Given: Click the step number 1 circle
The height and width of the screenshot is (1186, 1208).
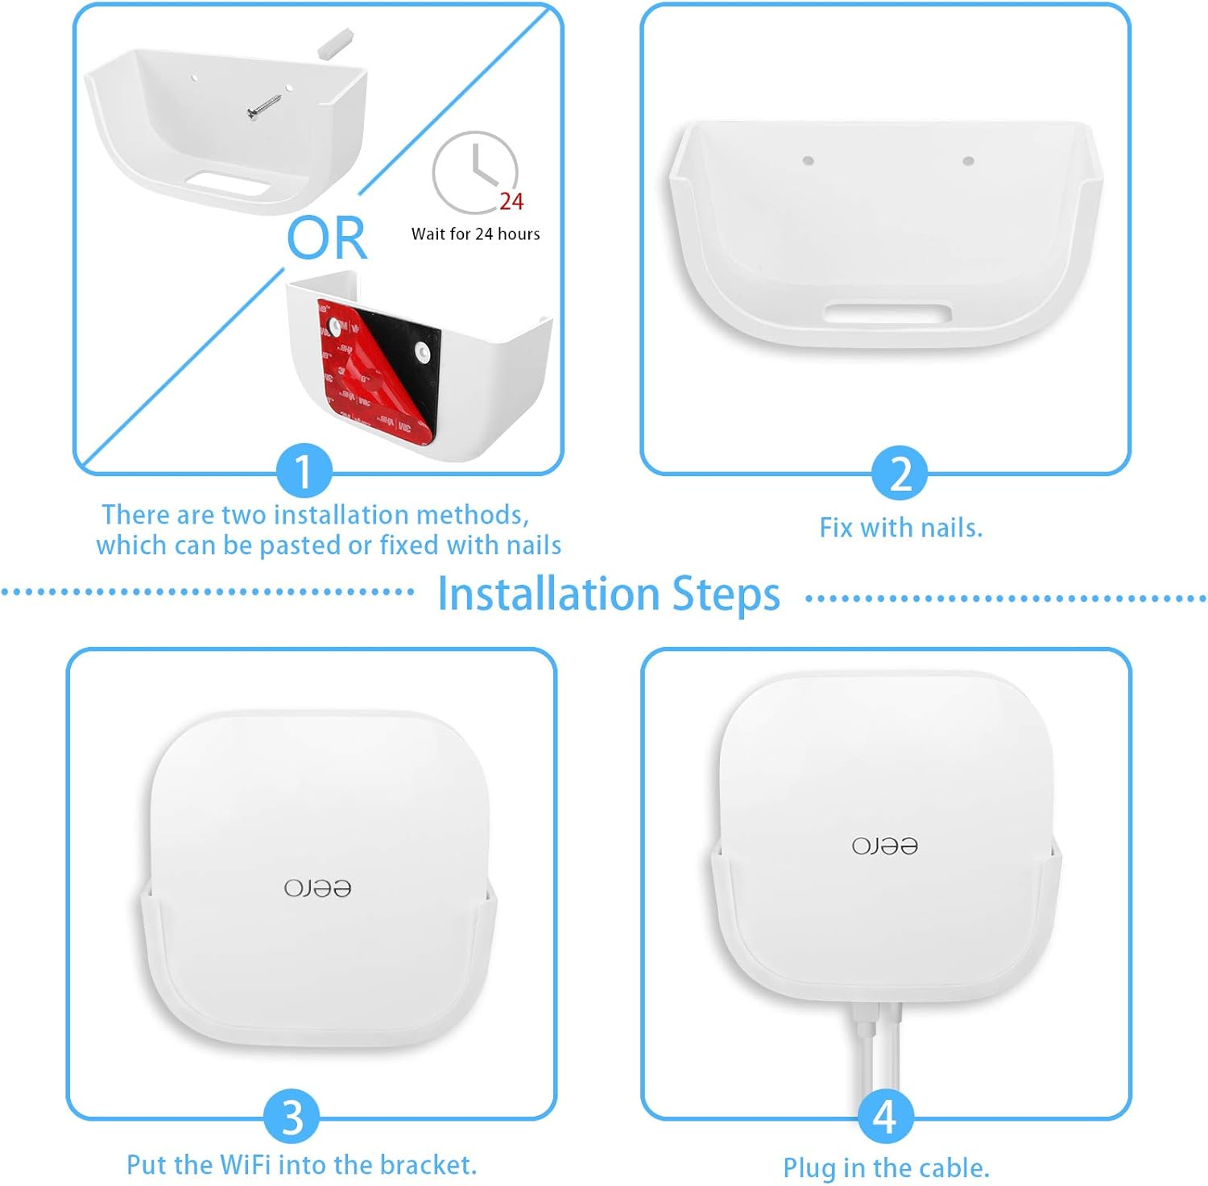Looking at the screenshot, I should (x=304, y=471).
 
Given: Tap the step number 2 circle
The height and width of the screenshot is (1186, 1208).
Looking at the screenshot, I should (x=900, y=473).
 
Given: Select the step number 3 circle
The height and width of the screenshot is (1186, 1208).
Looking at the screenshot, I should (x=292, y=1117).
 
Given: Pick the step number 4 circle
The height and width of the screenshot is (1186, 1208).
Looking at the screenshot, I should (x=884, y=1117).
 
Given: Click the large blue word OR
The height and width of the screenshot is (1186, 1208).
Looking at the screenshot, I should (x=327, y=238).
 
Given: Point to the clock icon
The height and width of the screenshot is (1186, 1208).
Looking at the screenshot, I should (x=474, y=172).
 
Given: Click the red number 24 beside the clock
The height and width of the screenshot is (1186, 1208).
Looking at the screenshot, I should (x=511, y=201).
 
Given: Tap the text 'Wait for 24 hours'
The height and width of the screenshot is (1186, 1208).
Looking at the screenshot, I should (x=475, y=234).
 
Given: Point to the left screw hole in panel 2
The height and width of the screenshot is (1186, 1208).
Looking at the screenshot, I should (x=808, y=160).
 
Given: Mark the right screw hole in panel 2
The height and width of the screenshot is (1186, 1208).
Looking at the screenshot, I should (x=968, y=161).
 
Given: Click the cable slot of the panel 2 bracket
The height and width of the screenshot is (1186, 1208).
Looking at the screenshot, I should (x=887, y=313).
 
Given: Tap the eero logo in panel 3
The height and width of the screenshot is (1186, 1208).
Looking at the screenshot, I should (x=316, y=888).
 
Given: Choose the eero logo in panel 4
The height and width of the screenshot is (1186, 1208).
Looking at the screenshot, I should (x=884, y=846).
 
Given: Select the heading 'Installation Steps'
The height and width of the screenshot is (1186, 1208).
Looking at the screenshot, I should (x=608, y=595).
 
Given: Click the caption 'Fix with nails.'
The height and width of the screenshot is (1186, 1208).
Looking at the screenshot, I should (x=900, y=528).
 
